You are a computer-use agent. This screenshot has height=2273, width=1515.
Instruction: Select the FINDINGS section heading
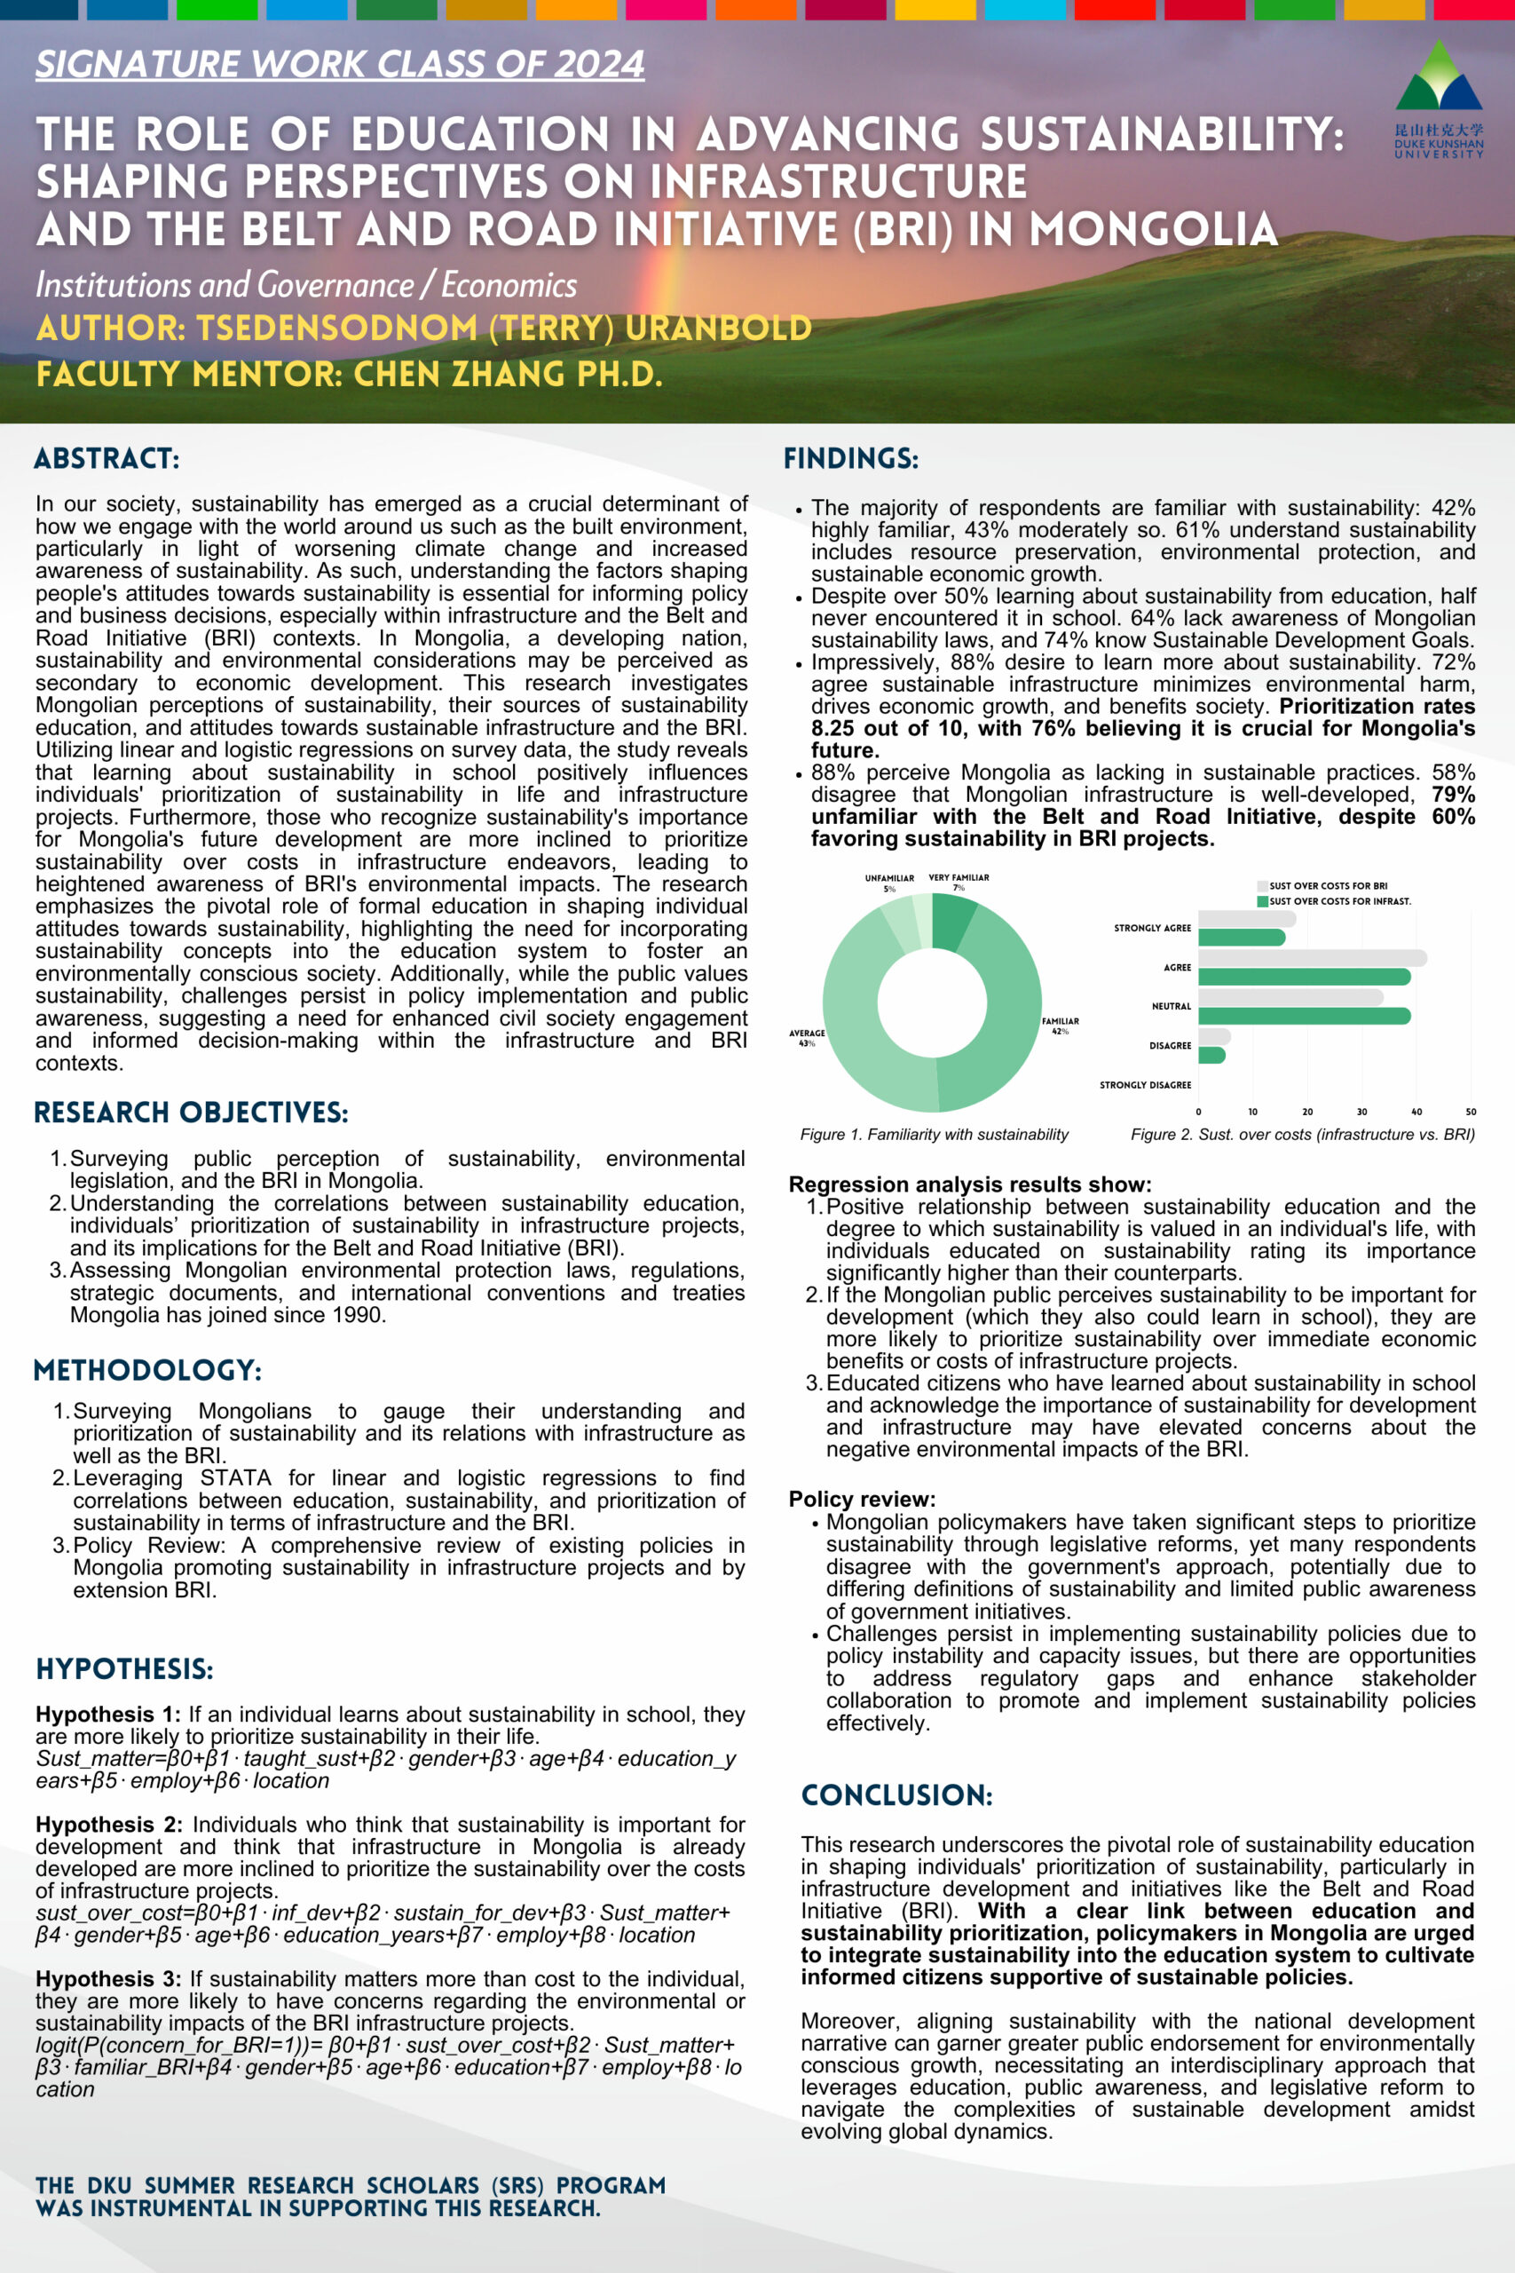(x=850, y=458)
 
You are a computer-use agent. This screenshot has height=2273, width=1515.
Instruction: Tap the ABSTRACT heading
(x=107, y=458)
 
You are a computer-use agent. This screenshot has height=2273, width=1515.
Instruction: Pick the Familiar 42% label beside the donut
(x=1060, y=1026)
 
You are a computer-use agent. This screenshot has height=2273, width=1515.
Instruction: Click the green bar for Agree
(x=1304, y=977)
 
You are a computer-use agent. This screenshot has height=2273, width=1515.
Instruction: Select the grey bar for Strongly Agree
(x=1246, y=918)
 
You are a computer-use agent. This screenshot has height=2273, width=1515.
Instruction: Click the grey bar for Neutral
(x=1290, y=996)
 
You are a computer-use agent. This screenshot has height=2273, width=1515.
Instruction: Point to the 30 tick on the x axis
(x=1361, y=1112)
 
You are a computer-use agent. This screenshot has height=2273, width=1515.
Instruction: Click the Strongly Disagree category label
(x=1145, y=1085)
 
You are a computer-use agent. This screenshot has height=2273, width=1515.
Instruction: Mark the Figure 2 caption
(x=1302, y=1135)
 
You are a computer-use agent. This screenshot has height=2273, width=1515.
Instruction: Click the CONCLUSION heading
(x=896, y=1795)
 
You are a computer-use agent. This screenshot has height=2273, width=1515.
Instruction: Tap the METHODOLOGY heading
(x=146, y=1370)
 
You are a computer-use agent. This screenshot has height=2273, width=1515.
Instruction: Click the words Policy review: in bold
(x=862, y=1499)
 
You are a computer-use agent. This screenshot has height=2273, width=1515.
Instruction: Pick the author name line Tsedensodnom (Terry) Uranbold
(x=423, y=329)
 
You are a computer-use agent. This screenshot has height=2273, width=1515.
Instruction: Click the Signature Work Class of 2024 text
(x=339, y=65)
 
